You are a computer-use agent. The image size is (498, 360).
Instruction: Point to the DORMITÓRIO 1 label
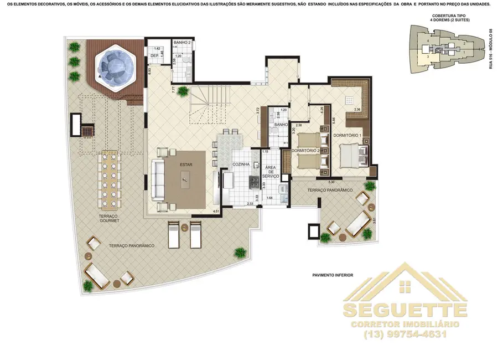pos(347,136)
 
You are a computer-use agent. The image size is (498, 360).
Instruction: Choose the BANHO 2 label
pos(182,43)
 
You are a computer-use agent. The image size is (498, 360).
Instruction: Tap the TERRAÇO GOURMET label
pos(110,218)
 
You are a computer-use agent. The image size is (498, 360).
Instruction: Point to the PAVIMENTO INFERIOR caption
pos(332,275)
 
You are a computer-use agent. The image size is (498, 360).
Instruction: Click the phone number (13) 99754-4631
pos(405,335)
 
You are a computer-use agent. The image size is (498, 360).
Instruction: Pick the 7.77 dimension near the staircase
pos(173,89)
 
